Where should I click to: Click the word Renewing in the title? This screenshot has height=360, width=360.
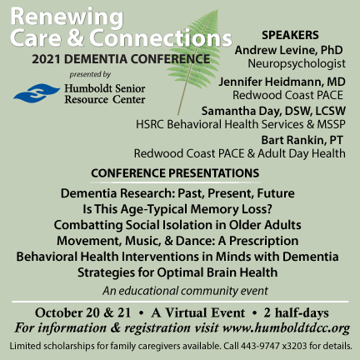67,17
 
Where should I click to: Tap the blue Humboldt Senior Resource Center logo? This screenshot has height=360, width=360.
37,93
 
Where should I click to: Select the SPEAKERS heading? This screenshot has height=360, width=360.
290,35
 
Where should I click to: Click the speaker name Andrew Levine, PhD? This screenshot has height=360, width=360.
288,50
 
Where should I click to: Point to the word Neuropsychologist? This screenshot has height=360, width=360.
297,63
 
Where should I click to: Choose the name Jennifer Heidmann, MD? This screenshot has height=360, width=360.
282,82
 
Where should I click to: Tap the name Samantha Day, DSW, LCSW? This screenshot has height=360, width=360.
273,111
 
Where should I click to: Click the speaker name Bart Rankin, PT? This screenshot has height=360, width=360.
302,140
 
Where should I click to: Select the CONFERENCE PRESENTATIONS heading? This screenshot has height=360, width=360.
175,173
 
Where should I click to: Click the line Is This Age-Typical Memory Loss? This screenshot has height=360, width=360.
177,209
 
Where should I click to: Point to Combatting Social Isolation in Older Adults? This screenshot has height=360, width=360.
177,225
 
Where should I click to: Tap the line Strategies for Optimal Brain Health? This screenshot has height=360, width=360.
177,272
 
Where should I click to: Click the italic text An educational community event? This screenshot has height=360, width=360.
185,291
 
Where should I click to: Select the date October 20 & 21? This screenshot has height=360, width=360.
82,312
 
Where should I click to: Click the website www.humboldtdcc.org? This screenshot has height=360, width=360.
286,328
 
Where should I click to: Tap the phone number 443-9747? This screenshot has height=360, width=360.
260,346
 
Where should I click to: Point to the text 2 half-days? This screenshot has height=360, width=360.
297,312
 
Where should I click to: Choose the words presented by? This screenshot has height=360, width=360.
90,74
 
